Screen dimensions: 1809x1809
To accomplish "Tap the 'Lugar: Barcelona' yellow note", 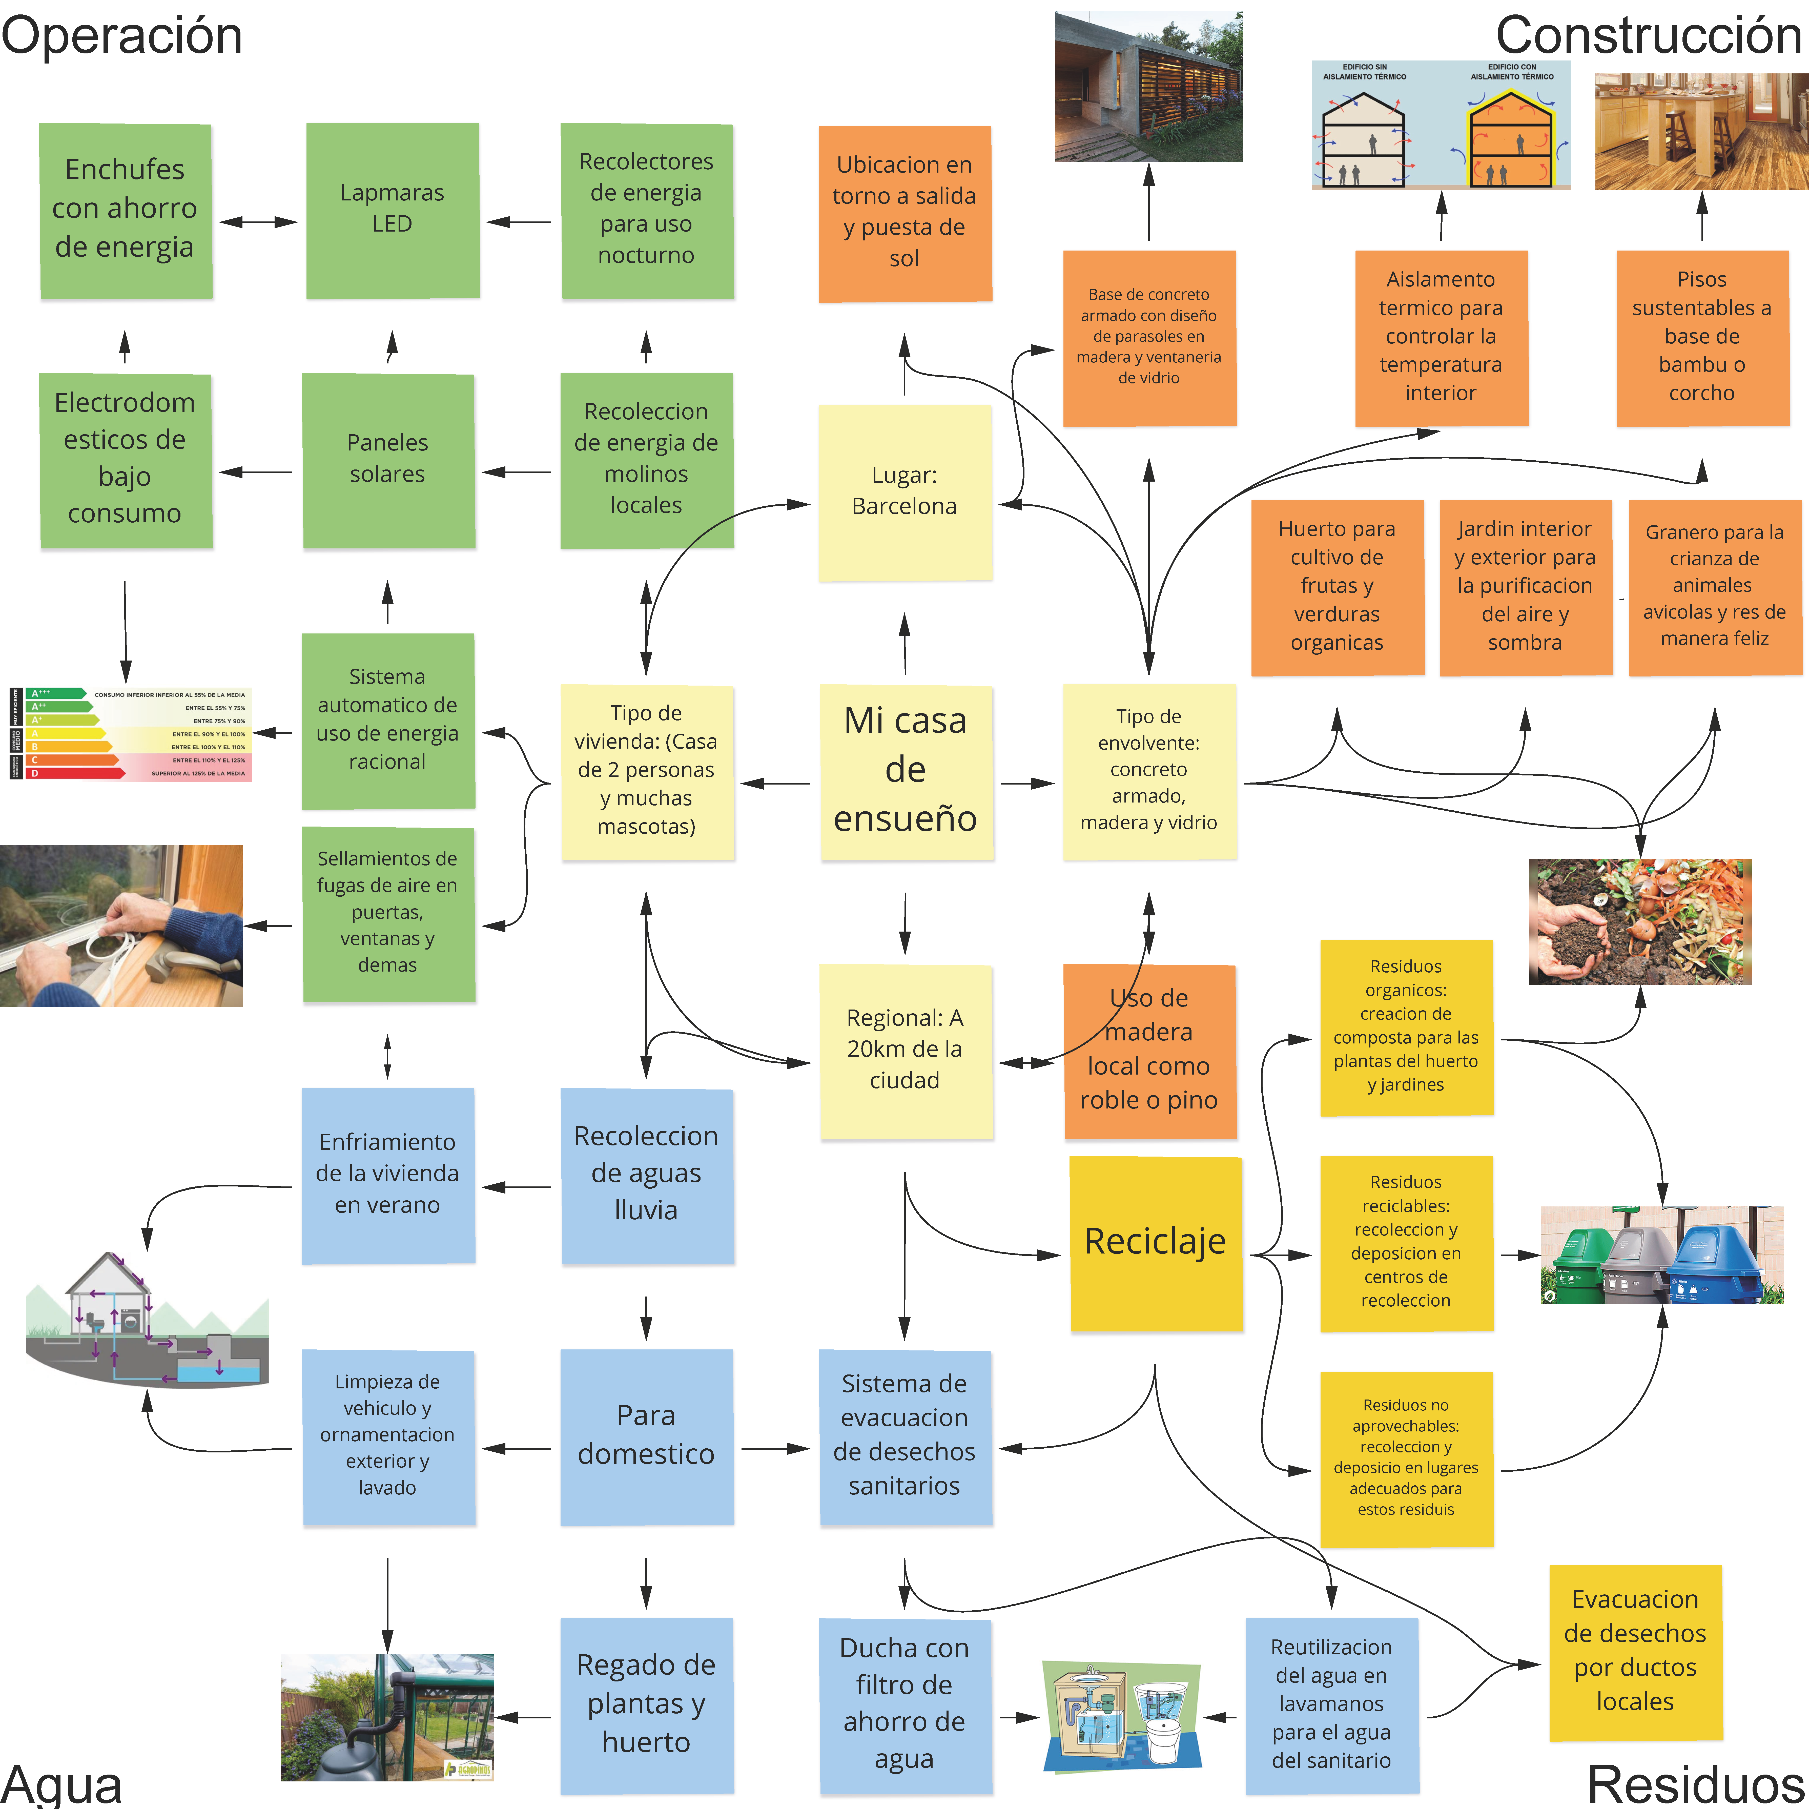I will coord(904,491).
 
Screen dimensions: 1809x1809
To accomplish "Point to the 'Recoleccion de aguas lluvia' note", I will coord(646,1174).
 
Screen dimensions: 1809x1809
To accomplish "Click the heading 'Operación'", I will coord(122,36).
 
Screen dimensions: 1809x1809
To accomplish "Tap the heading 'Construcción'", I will coord(1648,36).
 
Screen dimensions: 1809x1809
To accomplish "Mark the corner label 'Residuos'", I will coord(1695,1782).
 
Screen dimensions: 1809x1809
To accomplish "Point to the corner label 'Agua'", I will coord(62,1784).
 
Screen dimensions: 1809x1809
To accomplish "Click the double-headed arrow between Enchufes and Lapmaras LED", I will coord(258,222).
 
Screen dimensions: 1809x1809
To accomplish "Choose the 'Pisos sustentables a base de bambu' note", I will coord(1701,336).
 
